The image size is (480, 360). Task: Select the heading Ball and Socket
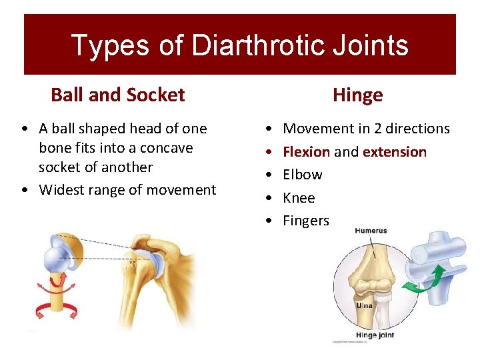[x=117, y=95]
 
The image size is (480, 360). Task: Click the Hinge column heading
[x=357, y=95]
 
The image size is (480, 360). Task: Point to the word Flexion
[x=306, y=151]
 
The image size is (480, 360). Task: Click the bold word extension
[x=395, y=151]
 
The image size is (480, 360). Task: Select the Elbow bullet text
[x=302, y=175]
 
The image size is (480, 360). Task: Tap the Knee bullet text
[x=299, y=198]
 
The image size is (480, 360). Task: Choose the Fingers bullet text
[x=306, y=221]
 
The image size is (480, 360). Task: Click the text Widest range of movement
[x=127, y=190]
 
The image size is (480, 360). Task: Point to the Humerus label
[x=371, y=231]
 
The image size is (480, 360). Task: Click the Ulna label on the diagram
[x=363, y=305]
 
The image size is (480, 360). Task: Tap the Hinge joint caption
[x=375, y=335]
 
